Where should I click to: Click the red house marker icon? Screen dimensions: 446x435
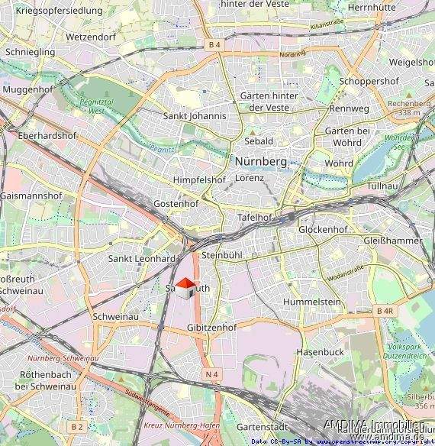coord(185,289)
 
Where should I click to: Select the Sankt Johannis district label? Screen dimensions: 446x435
coord(195,116)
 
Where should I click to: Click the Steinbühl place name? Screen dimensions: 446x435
coord(221,255)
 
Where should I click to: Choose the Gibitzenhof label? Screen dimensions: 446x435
coord(211,327)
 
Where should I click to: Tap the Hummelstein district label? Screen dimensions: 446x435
coord(311,302)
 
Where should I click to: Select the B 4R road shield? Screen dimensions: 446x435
coord(385,312)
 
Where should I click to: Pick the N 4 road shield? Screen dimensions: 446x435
coord(211,373)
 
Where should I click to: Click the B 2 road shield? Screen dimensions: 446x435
coord(76,425)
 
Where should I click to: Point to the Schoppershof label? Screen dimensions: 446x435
coord(369,81)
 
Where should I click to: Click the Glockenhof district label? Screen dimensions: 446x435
coord(323,229)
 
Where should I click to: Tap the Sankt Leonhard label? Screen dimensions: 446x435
coord(142,259)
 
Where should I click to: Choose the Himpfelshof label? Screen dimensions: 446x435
coord(199,179)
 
